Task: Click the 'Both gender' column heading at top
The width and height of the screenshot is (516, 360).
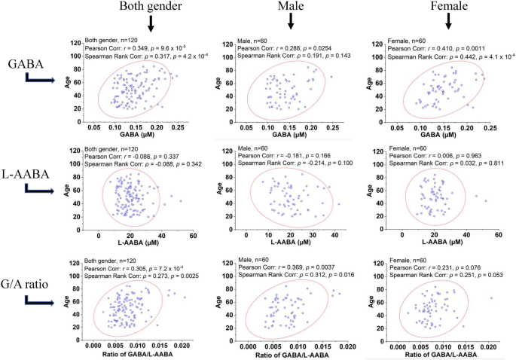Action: [x=150, y=7]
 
